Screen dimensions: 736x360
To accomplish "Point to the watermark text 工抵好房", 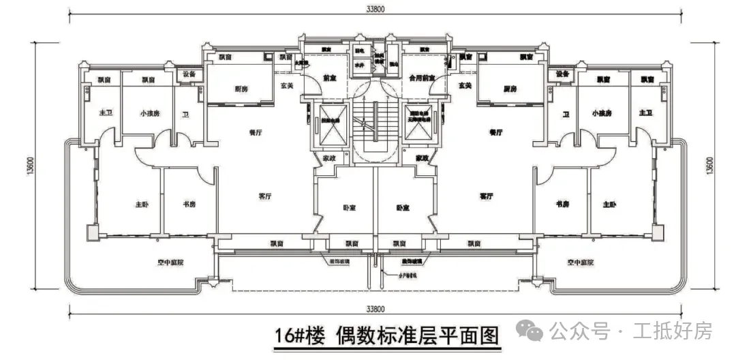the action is pyautogui.click(x=673, y=332).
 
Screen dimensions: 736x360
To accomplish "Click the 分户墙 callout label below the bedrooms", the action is pyautogui.click(x=407, y=276).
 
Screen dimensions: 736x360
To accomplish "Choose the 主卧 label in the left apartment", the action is pyautogui.click(x=141, y=205).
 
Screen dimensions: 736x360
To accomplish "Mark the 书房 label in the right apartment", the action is pyautogui.click(x=562, y=205).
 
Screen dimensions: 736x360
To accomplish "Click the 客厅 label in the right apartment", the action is pyautogui.click(x=486, y=196).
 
